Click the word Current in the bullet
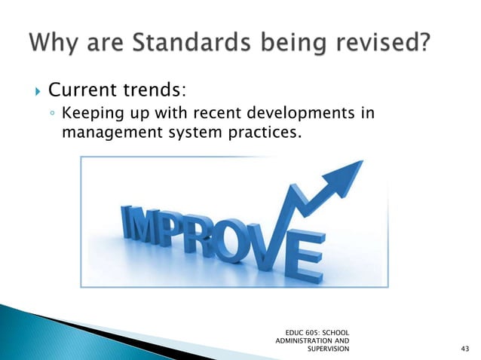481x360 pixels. click(80, 91)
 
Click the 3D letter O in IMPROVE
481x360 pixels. click(247, 239)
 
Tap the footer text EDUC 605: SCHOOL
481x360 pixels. click(317, 331)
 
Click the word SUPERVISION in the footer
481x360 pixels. click(329, 349)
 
